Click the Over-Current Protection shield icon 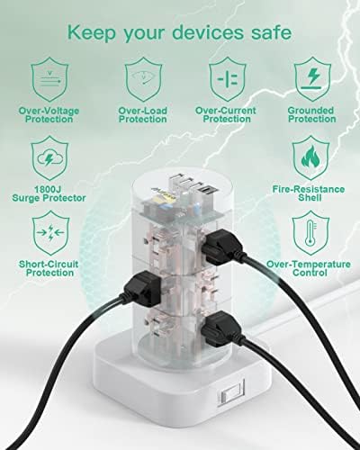coord(225,77)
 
